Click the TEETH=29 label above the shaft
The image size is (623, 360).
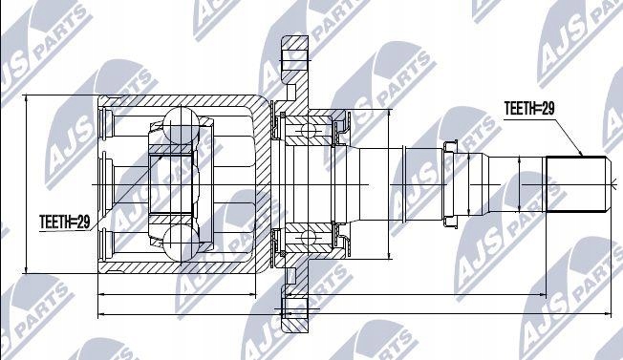click(x=528, y=109)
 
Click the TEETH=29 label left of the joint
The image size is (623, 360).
click(x=65, y=222)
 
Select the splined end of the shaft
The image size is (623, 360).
click(x=577, y=182)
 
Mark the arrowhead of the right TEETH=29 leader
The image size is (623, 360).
click(x=583, y=156)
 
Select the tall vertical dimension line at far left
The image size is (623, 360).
click(x=28, y=180)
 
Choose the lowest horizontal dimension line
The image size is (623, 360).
click(x=354, y=313)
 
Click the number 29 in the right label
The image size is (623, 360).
click(x=547, y=109)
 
